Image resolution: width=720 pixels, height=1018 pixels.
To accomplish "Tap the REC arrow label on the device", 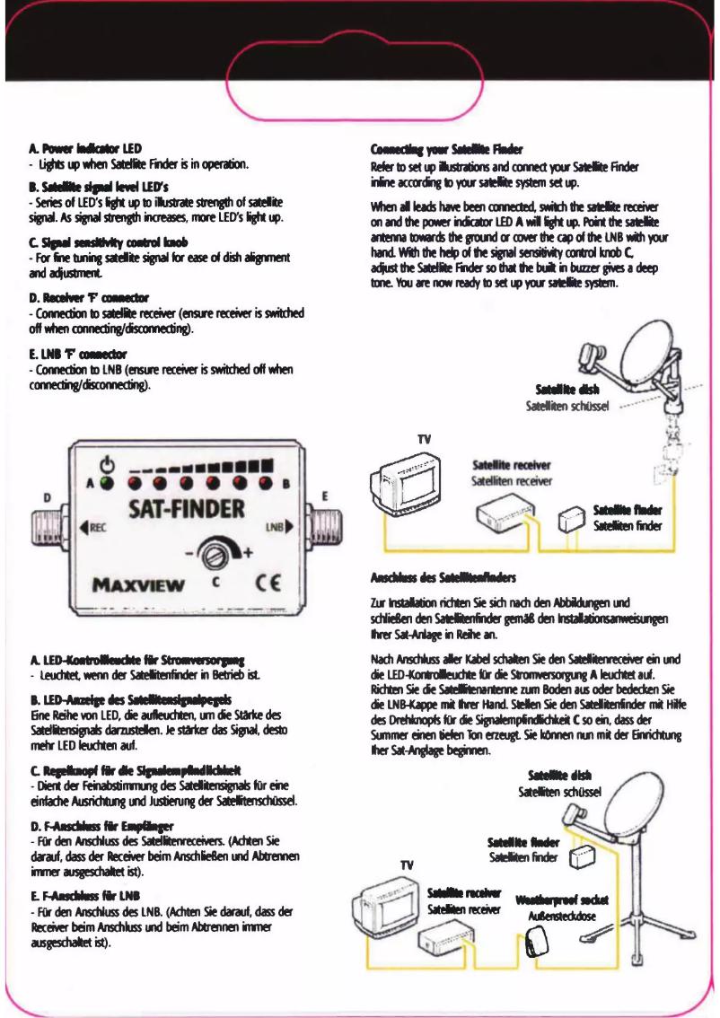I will pyautogui.click(x=94, y=527).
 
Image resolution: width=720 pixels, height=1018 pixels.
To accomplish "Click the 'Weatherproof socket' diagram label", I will pyautogui.click(x=562, y=900).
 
